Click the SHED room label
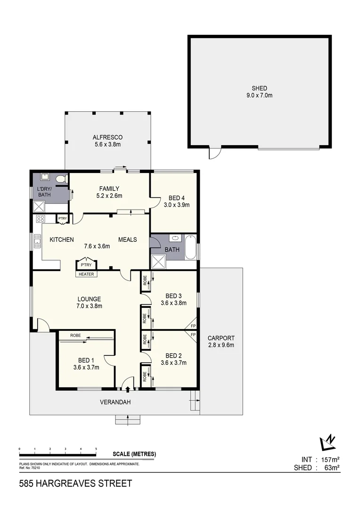tap(259, 88)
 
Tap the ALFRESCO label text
tap(107, 138)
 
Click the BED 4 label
tap(176, 198)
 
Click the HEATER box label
tap(86, 274)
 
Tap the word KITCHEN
tap(62, 239)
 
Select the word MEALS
tap(127, 239)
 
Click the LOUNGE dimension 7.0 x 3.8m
tap(90, 306)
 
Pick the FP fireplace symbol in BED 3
tap(193, 326)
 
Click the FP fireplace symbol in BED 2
tap(193, 335)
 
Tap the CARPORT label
tap(221, 338)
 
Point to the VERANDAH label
tap(115, 402)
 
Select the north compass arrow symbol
tap(328, 442)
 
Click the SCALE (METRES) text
tap(134, 454)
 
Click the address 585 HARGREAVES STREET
tap(75, 484)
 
